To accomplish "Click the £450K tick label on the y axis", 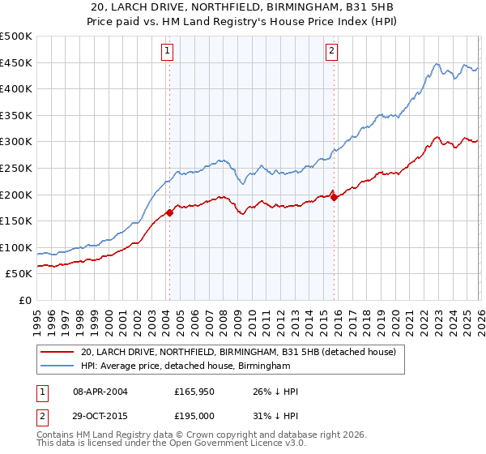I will [16, 63].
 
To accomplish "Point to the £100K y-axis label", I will [16, 247].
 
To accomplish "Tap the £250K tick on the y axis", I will [16, 169].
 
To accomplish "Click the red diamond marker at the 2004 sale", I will [169, 213].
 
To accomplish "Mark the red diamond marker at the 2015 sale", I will [335, 197].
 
